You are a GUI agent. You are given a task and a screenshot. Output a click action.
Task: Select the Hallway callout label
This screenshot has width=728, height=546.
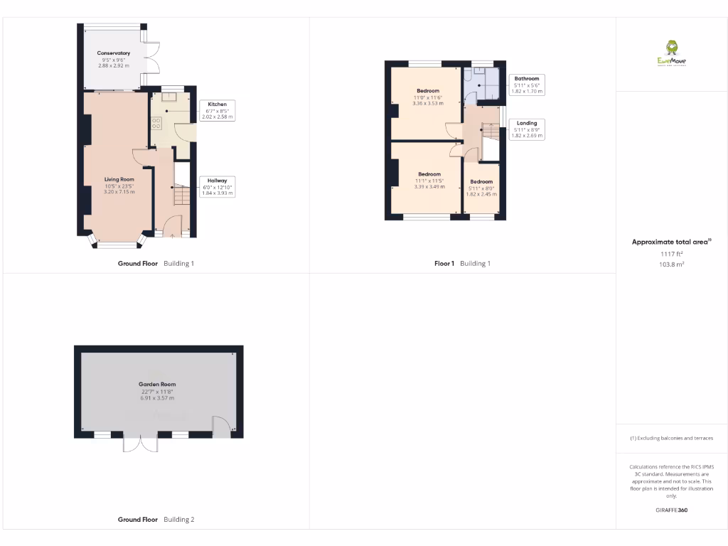click(x=217, y=186)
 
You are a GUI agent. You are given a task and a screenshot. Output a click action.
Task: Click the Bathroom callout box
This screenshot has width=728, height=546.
click(x=526, y=85)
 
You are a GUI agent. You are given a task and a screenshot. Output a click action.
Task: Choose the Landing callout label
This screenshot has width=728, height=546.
click(x=526, y=129)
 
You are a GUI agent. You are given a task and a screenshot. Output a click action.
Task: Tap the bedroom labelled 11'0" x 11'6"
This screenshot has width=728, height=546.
click(x=427, y=97)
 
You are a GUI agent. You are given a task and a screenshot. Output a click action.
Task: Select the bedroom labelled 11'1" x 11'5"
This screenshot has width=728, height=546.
click(x=429, y=180)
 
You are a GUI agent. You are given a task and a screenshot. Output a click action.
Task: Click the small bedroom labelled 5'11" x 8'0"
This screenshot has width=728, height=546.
click(x=481, y=187)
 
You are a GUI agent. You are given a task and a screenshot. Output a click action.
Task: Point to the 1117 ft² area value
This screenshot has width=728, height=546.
click(x=671, y=254)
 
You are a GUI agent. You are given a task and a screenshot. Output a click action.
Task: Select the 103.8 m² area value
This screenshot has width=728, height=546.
click(x=671, y=263)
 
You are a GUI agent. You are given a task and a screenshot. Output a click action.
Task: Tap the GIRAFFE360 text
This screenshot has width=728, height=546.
click(x=671, y=510)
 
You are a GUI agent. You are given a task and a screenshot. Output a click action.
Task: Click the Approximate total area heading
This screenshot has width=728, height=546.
click(x=671, y=242)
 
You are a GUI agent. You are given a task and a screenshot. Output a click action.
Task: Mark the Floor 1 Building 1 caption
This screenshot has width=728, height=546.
click(x=462, y=263)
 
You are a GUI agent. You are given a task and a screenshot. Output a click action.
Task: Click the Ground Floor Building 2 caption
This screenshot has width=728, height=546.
click(x=156, y=520)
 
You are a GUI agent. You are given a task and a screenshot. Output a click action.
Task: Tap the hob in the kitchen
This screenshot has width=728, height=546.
click(x=156, y=122)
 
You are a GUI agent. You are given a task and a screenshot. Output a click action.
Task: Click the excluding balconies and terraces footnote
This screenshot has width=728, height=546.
click(x=671, y=438)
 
